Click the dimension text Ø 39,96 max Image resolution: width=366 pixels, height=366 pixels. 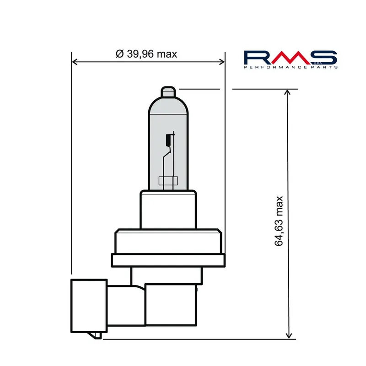(x=146, y=54)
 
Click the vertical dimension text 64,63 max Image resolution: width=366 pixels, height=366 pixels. (x=280, y=221)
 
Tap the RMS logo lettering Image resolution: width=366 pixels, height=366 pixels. (x=290, y=58)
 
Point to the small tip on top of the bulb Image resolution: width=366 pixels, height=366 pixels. (x=169, y=91)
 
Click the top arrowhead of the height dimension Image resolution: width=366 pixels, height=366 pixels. (x=288, y=92)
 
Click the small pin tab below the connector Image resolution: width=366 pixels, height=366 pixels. (x=97, y=336)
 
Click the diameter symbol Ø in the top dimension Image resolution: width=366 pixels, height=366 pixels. (x=120, y=54)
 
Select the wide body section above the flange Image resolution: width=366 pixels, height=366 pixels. (x=169, y=242)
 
